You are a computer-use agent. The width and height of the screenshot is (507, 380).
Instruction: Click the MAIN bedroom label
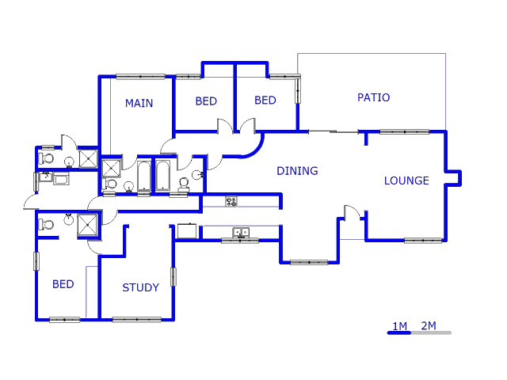139,103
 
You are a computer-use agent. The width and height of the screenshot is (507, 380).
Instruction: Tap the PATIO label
373,97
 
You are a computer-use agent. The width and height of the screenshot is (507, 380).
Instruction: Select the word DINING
297,170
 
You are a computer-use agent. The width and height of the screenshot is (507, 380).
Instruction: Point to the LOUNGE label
406,180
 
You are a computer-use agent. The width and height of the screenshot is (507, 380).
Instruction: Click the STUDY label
140,287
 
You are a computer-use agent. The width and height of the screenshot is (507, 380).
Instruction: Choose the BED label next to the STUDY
63,284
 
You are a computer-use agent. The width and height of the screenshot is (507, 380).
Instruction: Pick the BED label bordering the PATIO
265,101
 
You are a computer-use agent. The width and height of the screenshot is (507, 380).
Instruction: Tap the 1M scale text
399,325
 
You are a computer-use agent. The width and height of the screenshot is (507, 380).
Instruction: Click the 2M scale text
429,325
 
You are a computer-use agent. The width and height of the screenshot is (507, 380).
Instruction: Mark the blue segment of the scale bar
398,332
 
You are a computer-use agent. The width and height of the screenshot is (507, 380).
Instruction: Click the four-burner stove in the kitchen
231,202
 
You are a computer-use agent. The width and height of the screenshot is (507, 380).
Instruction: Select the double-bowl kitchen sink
241,233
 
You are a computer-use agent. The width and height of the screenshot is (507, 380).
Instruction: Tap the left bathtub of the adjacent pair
143,177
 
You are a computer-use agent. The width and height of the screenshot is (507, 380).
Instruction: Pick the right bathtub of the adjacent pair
162,176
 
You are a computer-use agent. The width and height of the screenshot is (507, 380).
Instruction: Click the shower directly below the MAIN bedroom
112,167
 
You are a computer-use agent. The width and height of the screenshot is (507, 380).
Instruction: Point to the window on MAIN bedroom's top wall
140,76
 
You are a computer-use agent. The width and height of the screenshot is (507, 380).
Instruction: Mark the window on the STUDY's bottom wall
136,319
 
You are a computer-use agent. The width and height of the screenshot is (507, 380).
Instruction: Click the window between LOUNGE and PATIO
404,131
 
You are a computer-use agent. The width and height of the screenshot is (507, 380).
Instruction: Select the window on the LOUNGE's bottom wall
423,240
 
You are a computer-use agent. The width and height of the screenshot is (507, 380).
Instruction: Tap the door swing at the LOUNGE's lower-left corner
352,213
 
